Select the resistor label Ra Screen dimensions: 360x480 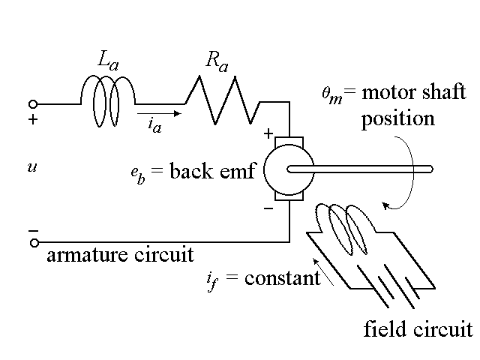coord(217,63)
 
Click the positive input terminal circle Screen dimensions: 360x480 coord(33,103)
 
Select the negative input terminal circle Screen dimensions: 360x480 coord(33,241)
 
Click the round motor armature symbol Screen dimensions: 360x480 coord(289,169)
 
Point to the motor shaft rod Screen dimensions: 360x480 coord(360,169)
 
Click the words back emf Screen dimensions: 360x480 coord(213,171)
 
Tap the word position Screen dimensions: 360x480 coord(397,119)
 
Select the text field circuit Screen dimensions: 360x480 coord(418,329)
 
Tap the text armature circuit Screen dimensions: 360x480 coord(120,255)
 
